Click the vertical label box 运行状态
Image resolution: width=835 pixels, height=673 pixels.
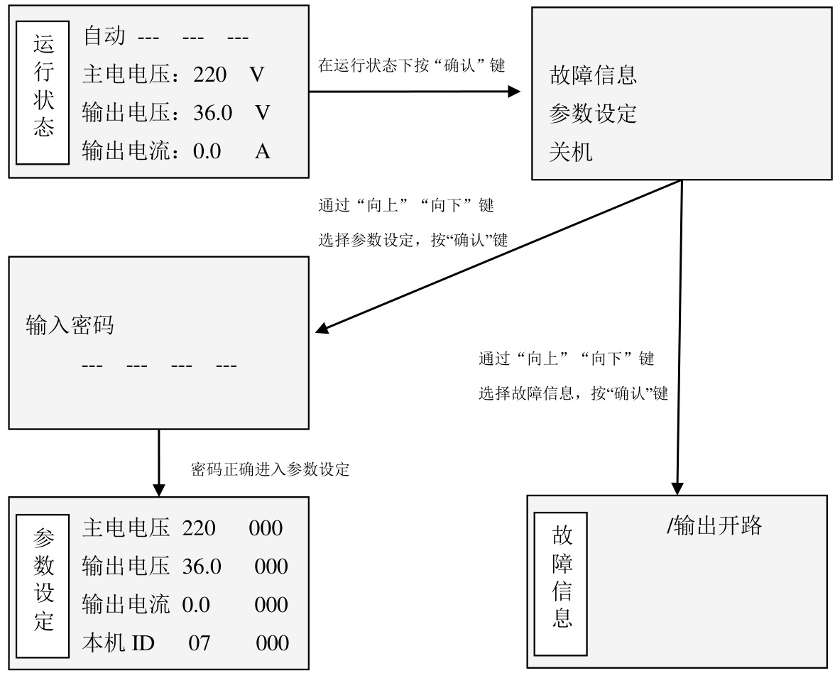(43, 92)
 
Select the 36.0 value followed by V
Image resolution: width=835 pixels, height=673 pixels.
(212, 113)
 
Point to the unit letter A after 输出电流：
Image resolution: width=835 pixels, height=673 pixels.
(262, 151)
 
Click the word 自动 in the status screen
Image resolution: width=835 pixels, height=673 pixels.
(104, 36)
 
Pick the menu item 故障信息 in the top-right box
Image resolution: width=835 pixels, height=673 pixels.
(593, 75)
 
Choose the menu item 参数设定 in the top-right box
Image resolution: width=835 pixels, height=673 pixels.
(593, 114)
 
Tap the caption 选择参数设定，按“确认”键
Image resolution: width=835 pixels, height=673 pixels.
(413, 240)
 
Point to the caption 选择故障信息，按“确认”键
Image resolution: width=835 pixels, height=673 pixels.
(573, 393)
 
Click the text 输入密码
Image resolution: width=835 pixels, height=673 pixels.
(70, 326)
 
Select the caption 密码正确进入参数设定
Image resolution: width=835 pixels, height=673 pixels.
(270, 469)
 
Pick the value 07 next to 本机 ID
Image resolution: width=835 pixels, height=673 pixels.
(199, 643)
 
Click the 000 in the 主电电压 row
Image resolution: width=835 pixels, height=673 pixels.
(266, 528)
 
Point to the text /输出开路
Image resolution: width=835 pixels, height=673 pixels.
(714, 525)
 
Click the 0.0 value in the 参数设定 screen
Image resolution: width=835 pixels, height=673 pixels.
(195, 605)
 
